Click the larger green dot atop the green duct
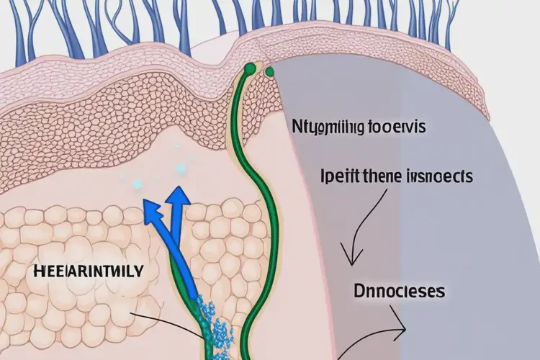[x=249, y=69]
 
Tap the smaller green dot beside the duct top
[x=270, y=71]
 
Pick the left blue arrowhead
[x=151, y=210]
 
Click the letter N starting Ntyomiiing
[x=296, y=127]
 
